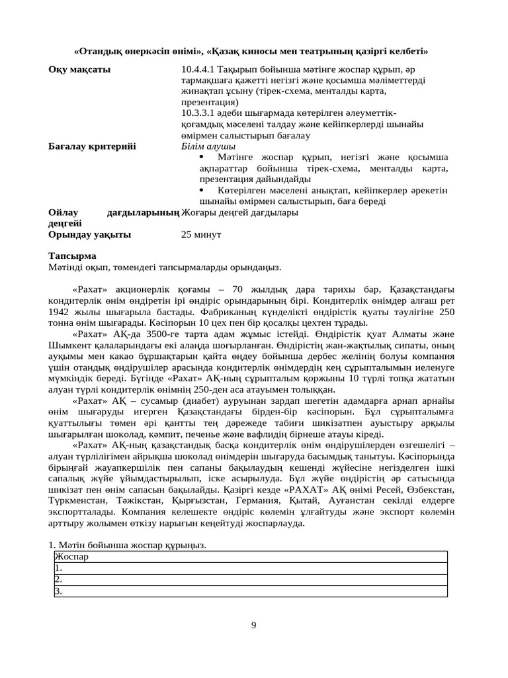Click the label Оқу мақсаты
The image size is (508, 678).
[79, 69]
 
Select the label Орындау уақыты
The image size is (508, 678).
[89, 234]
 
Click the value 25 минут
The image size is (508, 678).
[201, 234]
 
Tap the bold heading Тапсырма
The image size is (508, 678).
[72, 256]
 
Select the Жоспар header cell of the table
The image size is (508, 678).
[72, 556]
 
